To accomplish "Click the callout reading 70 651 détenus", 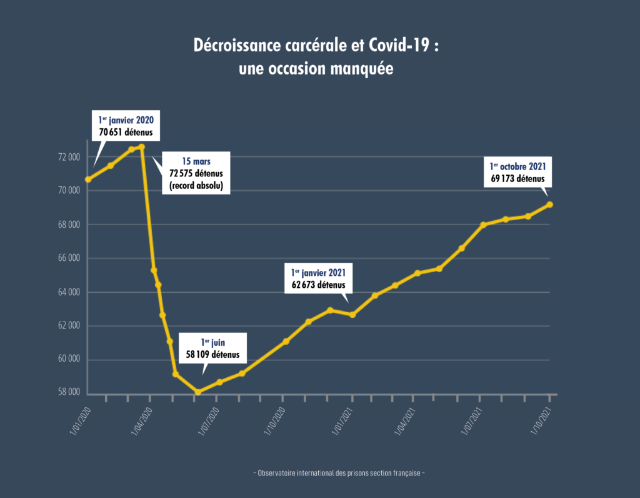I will tap(126, 126).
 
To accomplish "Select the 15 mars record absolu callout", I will tap(196, 172).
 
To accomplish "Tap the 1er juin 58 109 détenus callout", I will tap(212, 348).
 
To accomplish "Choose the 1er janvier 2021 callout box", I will tap(319, 279).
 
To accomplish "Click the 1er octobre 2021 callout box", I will tap(518, 173).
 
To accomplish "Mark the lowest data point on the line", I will tap(198, 392).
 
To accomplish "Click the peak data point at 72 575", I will tap(142, 147).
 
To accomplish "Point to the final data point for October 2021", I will tap(549, 205).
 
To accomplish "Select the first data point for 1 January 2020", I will tap(88, 180).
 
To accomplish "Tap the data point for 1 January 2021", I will tap(352, 315).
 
